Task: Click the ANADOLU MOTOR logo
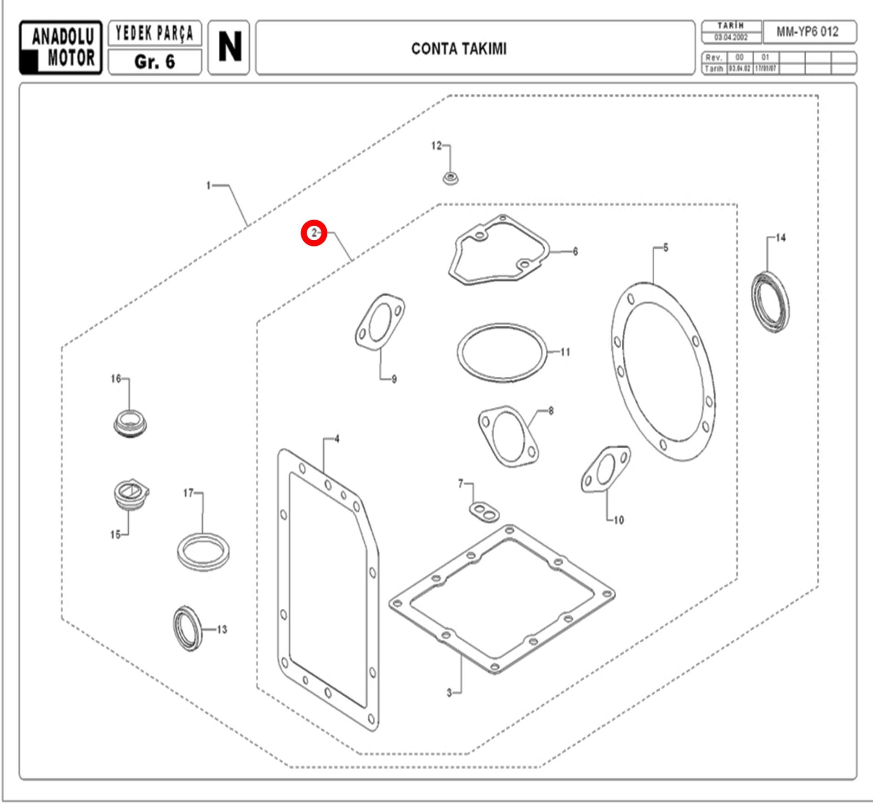tap(60, 47)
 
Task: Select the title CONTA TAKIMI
tap(459, 49)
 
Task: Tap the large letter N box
tap(229, 47)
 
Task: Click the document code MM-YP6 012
tap(808, 32)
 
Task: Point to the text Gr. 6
tap(155, 62)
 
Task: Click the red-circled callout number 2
tap(314, 233)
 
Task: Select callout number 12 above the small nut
tap(436, 146)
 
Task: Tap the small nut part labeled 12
tap(450, 177)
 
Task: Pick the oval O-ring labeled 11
tap(502, 352)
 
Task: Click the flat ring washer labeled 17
tap(203, 551)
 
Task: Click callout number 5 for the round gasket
tap(665, 248)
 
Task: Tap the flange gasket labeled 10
tap(605, 470)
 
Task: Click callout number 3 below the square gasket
tap(449, 693)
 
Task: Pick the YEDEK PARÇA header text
tap(155, 33)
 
